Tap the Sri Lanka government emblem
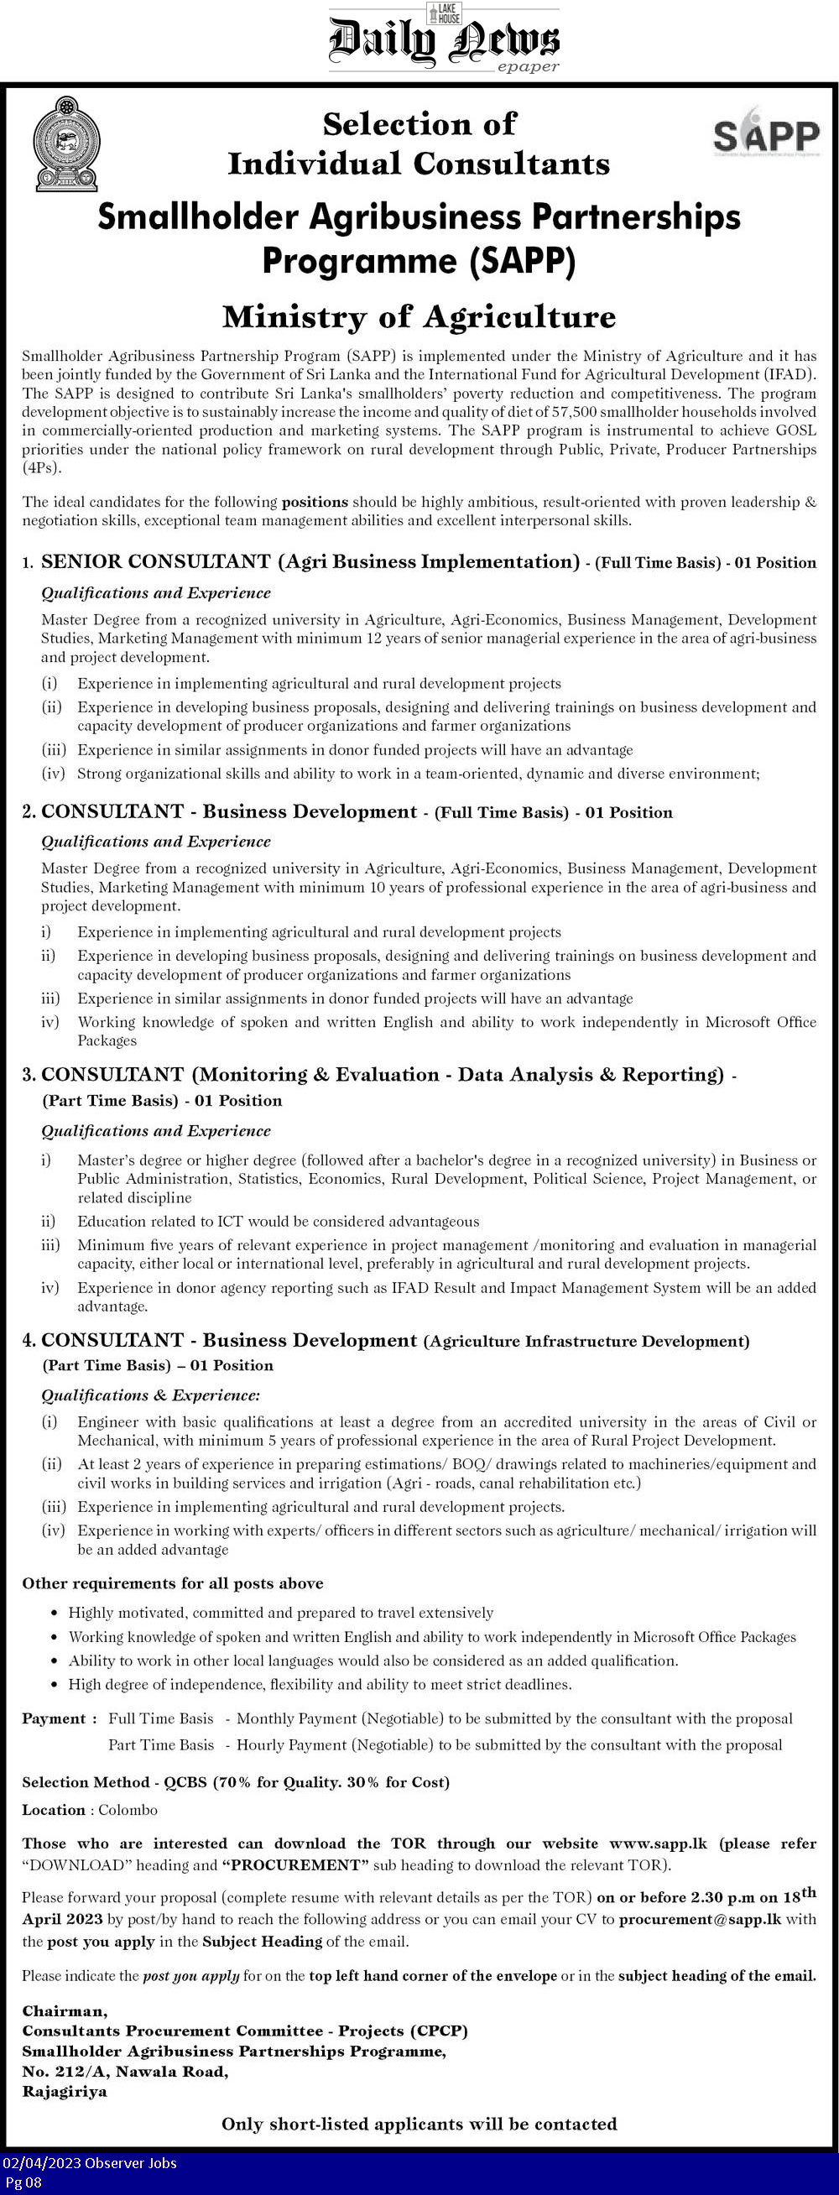[66, 143]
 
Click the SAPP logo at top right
[766, 132]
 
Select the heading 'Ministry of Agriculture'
[418, 317]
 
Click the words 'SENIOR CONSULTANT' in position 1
[156, 561]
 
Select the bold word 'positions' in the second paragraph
[315, 502]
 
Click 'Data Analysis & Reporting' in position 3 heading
[591, 1075]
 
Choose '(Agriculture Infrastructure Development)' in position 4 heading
[586, 1342]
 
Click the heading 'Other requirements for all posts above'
[172, 1583]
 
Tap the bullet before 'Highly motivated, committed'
[55, 1613]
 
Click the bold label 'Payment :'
[59, 1718]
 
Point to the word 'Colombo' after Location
[128, 1809]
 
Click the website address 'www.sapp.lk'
[658, 1843]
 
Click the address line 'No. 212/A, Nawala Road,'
[124, 2072]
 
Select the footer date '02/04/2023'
[39, 2162]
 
